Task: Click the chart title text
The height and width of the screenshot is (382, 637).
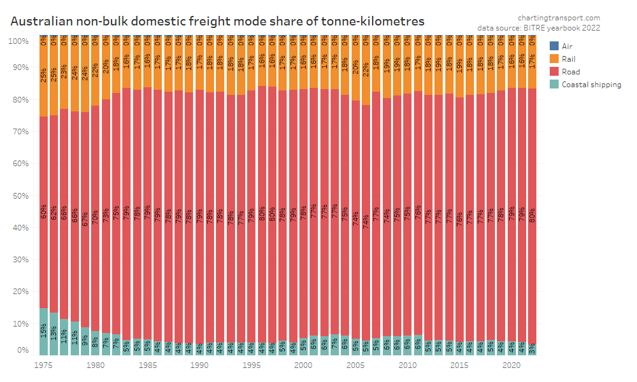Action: (217, 22)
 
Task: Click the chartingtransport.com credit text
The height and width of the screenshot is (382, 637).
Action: (559, 18)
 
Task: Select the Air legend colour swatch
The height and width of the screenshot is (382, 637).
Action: (554, 46)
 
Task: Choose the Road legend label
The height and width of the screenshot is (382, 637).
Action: (571, 72)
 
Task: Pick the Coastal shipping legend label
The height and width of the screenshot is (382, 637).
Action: (591, 85)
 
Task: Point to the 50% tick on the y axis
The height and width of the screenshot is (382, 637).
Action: (19, 195)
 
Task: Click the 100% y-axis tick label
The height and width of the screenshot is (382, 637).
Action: (18, 41)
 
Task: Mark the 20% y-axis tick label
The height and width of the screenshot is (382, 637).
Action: (19, 292)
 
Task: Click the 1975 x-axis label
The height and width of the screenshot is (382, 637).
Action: (43, 365)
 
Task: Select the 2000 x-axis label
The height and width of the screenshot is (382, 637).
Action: (303, 365)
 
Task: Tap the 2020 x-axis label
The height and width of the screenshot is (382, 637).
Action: (511, 365)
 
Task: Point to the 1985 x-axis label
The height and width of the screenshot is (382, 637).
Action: (147, 365)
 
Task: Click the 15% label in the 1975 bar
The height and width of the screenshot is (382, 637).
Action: (44, 330)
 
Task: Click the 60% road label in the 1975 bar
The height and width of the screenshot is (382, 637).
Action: (44, 212)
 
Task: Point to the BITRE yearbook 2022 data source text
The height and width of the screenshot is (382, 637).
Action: (539, 28)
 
